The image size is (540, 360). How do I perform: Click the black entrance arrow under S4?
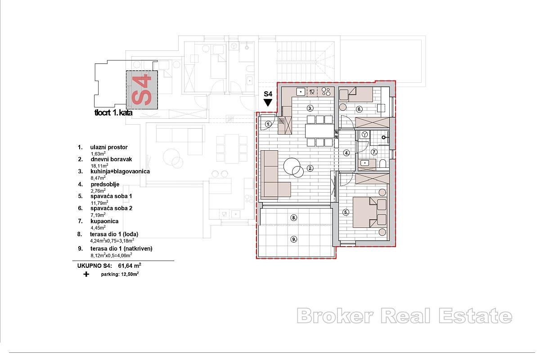(x=268, y=103)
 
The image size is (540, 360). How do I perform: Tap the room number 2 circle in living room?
(x=310, y=169)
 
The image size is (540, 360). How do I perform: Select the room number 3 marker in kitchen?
(x=310, y=108)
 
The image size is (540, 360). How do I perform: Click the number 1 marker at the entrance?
(x=268, y=124)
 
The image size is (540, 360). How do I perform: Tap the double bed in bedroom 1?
(x=369, y=212)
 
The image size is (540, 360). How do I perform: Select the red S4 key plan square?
(x=142, y=90)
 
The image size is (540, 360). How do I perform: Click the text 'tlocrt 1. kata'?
(x=113, y=113)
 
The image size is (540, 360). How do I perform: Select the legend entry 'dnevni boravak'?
(x=111, y=159)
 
